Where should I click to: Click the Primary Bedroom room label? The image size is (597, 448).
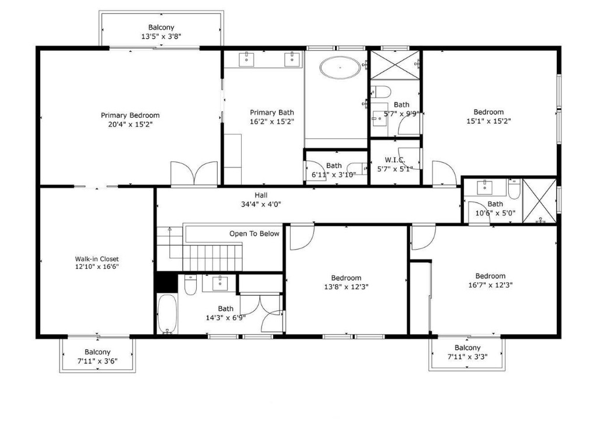(130, 116)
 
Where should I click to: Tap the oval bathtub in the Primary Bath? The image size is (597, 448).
(340, 68)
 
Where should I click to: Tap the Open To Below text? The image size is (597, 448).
(254, 234)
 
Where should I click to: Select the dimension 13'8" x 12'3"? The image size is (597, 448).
(346, 286)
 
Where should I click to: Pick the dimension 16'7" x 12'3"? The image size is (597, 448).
(490, 285)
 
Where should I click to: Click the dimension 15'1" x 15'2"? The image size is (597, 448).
(488, 121)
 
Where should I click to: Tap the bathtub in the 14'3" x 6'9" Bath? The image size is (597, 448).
(167, 314)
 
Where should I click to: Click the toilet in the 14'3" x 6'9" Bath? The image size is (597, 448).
(190, 285)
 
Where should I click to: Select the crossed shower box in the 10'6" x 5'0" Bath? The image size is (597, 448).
(539, 201)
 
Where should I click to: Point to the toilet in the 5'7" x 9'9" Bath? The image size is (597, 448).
(382, 91)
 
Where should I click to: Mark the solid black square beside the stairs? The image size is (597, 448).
(165, 282)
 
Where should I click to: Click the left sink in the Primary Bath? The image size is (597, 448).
(247, 58)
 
